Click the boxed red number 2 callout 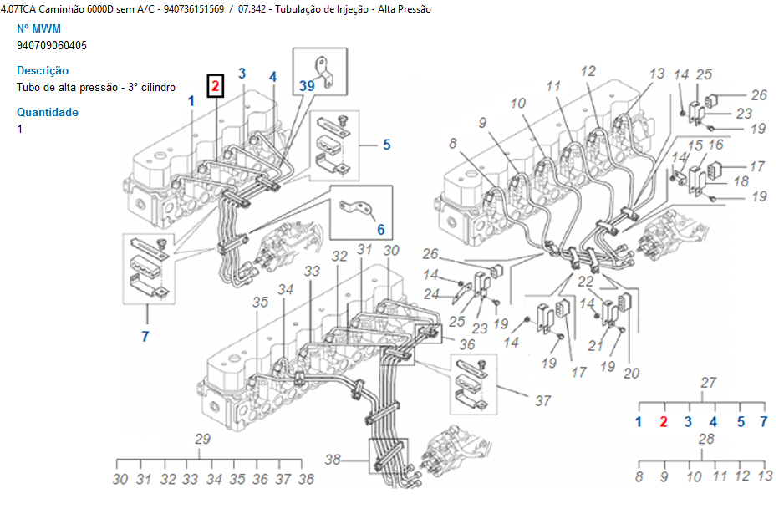(216, 84)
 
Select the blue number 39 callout (307, 85)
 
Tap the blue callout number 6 (380, 229)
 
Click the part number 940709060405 (51, 45)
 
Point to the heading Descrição (43, 70)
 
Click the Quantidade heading (48, 112)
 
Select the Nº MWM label (38, 28)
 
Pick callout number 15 (695, 145)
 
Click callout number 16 (715, 145)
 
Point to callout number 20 (631, 374)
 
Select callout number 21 (597, 346)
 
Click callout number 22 (585, 282)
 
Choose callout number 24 (431, 293)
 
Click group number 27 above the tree (709, 383)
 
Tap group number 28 (707, 439)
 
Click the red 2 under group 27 (664, 421)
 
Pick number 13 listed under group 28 (765, 476)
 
